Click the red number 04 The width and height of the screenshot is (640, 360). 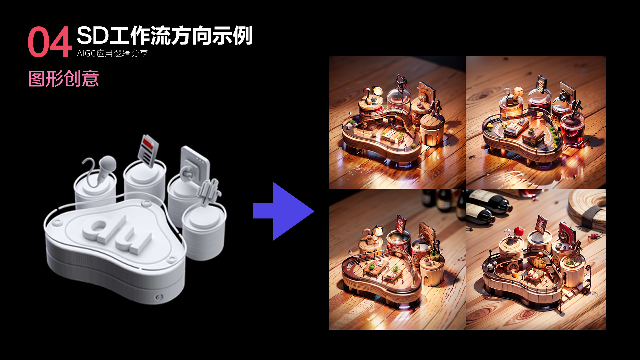click(50, 42)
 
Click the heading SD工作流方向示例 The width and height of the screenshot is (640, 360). click(165, 35)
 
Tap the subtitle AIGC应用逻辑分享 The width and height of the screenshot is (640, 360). click(112, 53)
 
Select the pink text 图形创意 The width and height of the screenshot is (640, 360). click(63, 79)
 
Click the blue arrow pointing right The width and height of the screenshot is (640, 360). click(283, 211)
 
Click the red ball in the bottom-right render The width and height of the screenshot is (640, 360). click(518, 230)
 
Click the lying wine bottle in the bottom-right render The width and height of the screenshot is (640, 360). click(488, 200)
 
